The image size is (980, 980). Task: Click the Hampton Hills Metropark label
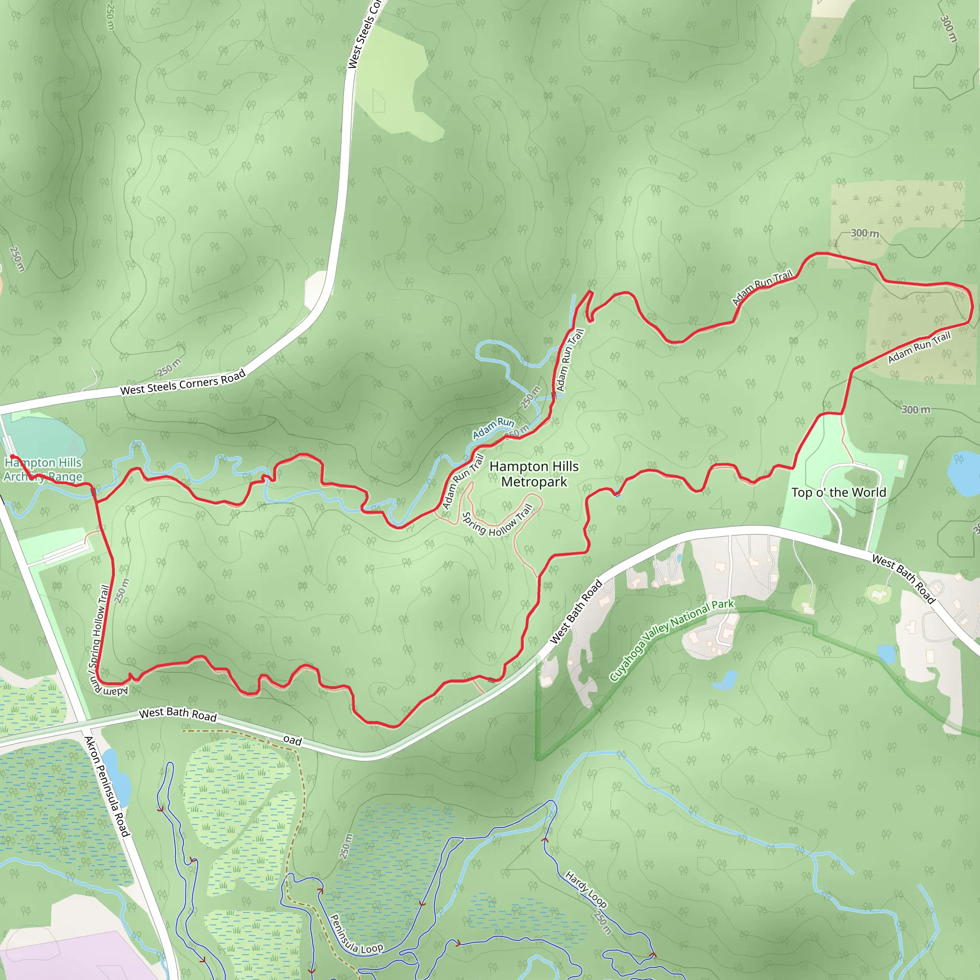click(534, 474)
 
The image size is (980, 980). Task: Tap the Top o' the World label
click(838, 492)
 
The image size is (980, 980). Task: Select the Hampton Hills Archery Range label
click(43, 469)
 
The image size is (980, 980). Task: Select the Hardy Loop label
click(586, 889)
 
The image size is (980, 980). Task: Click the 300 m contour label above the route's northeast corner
click(864, 234)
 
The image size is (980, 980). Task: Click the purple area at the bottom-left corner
click(71, 954)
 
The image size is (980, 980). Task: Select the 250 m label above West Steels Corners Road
click(169, 368)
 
